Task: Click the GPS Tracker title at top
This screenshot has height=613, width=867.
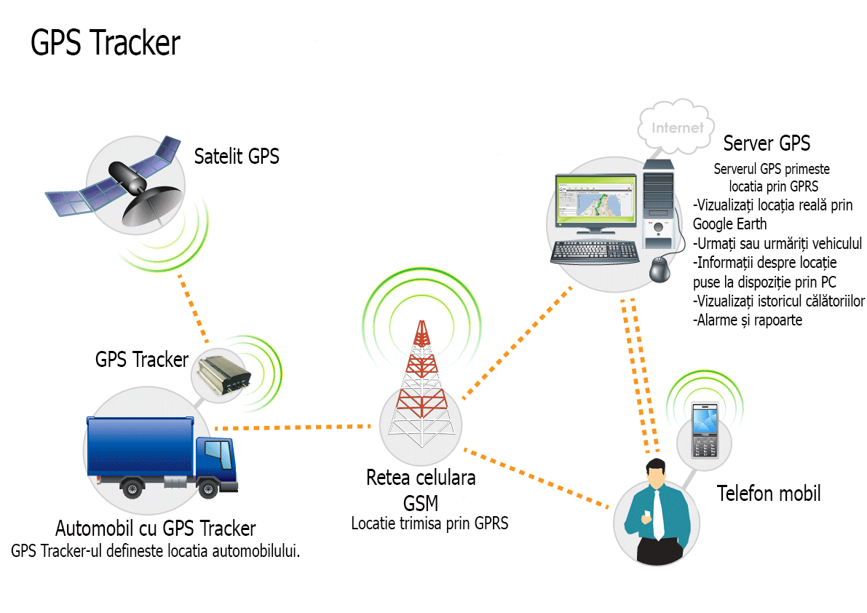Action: click(105, 44)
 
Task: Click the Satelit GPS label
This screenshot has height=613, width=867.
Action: click(237, 156)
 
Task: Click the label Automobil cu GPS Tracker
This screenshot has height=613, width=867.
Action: click(156, 528)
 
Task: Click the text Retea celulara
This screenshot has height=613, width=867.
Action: click(421, 478)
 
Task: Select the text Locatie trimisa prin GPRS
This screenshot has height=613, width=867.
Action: click(429, 523)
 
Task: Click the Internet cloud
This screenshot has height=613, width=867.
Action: click(677, 127)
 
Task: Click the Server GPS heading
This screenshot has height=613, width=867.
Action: click(766, 143)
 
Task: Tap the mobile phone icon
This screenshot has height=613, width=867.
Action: click(704, 429)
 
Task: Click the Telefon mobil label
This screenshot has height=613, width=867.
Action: click(769, 494)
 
